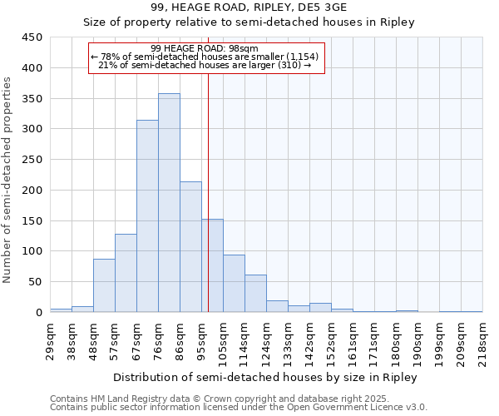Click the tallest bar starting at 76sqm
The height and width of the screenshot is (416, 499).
tap(169, 203)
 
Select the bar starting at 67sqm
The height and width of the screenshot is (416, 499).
tap(147, 216)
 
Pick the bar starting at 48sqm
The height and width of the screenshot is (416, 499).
tap(104, 285)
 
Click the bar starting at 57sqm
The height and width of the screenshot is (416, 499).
tap(126, 273)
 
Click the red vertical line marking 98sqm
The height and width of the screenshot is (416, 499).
tap(208, 191)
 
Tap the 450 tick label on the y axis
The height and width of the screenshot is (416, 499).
tap(32, 37)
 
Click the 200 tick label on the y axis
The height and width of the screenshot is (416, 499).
tap(32, 191)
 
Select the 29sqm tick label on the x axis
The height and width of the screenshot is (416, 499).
tap(50, 338)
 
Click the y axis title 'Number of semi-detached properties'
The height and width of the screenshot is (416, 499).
tap(8, 180)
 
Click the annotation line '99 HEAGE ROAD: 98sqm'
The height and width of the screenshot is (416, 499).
tap(205, 48)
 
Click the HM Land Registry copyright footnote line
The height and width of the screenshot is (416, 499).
tap(214, 399)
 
